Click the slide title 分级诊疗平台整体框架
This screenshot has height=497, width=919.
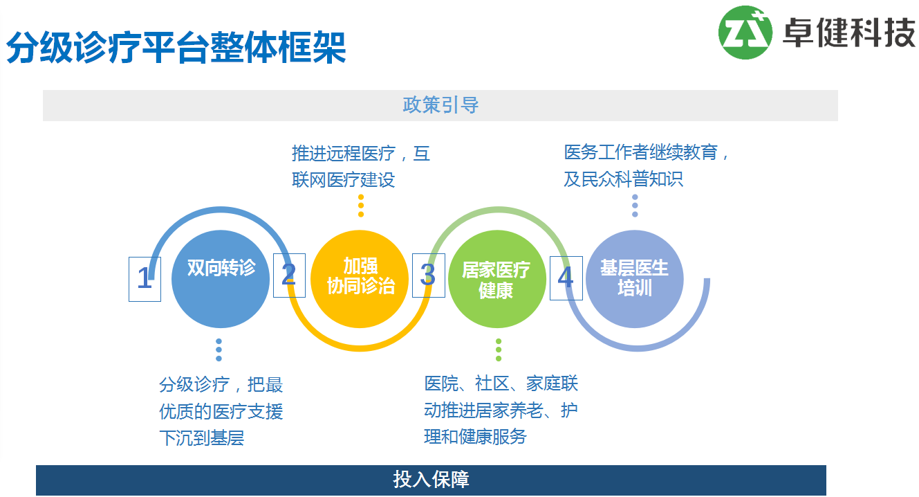click(176, 47)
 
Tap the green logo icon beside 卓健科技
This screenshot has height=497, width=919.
click(745, 32)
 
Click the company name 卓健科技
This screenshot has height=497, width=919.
click(848, 32)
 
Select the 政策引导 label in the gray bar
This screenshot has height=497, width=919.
click(440, 105)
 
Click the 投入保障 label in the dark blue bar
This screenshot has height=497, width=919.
click(431, 480)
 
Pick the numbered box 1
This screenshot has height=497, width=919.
click(145, 279)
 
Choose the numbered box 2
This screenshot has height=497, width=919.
click(289, 275)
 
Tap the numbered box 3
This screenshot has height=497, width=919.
click(428, 275)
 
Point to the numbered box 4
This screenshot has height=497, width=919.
click(566, 278)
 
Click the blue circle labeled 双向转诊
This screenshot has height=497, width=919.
click(221, 279)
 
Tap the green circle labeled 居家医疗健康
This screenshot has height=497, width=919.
click(496, 279)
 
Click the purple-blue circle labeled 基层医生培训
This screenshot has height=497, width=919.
click(634, 278)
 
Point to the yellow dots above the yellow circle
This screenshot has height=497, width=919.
click(360, 206)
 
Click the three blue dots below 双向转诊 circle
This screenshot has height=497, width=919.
click(219, 350)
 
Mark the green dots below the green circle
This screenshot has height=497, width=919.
click(498, 350)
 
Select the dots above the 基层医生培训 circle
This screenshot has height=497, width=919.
click(635, 206)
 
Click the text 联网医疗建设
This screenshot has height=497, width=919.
click(343, 180)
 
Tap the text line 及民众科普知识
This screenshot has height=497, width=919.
click(623, 179)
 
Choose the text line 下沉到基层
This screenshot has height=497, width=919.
click(201, 438)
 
